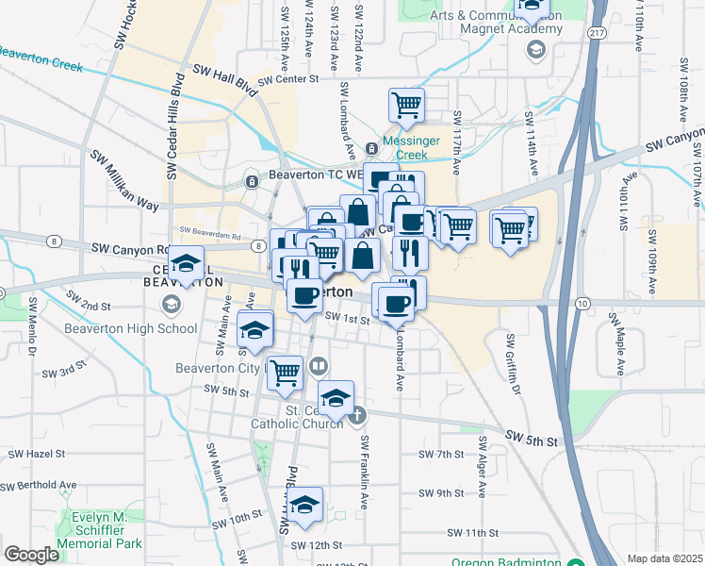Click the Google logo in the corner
31,555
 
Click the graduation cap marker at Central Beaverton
187,262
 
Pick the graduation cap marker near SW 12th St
304,505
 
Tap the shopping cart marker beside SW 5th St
285,371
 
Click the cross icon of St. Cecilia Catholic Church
357,414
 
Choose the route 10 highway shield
582,303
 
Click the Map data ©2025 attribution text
664,558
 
